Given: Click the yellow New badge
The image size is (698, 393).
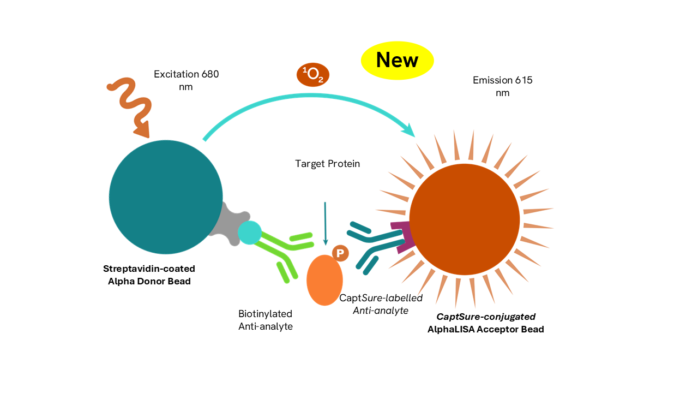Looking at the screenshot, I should pos(397,60).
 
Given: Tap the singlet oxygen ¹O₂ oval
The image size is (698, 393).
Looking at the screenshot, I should pos(313,75).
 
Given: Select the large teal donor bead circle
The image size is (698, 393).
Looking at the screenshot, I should pos(165,197).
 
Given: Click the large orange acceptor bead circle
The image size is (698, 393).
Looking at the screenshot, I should pos(464,219).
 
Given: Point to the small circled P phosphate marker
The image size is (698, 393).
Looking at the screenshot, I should pos(340,253).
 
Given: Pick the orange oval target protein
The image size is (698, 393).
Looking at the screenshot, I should pos(324,280).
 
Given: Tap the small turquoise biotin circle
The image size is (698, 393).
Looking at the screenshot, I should pos(249,233).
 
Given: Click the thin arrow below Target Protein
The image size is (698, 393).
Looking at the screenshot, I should pos(325,224).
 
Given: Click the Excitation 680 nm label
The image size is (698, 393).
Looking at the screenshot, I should pos(186,80).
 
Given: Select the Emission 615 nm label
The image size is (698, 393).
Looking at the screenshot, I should pos(502,86).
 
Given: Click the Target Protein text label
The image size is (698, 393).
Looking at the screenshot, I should pos(327,164).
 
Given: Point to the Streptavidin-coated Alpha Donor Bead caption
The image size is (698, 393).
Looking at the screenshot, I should pos(149,275).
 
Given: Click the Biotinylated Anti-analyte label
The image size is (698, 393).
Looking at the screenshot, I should pos(266,320).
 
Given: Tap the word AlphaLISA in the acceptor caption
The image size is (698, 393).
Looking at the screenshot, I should pos(450,329).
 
